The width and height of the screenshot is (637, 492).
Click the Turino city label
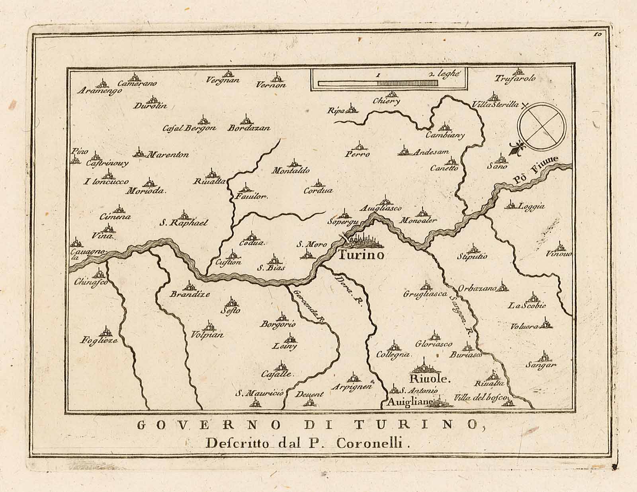(361, 255)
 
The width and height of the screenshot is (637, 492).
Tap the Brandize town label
(190, 294)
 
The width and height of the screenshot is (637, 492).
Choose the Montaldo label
(291, 171)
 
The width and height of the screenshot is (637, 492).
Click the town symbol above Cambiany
(444, 127)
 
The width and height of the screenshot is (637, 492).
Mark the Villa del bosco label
(481, 398)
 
